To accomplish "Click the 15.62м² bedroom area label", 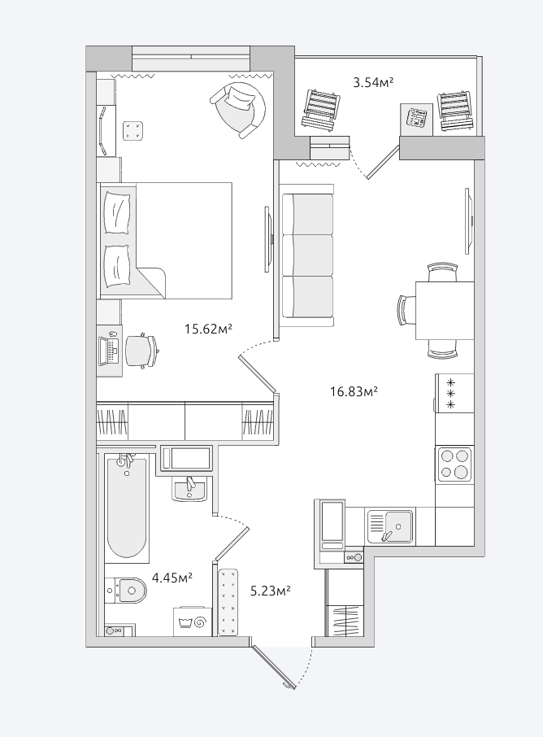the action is click(x=209, y=329).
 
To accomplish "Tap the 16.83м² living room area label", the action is click(x=354, y=391).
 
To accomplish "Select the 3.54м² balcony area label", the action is click(x=373, y=83).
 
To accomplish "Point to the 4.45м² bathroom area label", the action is click(x=172, y=578).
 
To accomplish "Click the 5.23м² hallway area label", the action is click(x=270, y=591).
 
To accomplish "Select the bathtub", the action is click(x=127, y=507).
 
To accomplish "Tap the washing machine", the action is click(x=193, y=621).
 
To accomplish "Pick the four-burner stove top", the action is click(x=454, y=464).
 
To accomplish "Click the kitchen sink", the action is click(x=390, y=526).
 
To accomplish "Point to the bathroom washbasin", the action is click(x=189, y=489).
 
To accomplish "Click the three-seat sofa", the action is click(x=307, y=255).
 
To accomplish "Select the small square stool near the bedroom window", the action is click(x=133, y=130).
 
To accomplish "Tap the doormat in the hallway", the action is click(x=228, y=602).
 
